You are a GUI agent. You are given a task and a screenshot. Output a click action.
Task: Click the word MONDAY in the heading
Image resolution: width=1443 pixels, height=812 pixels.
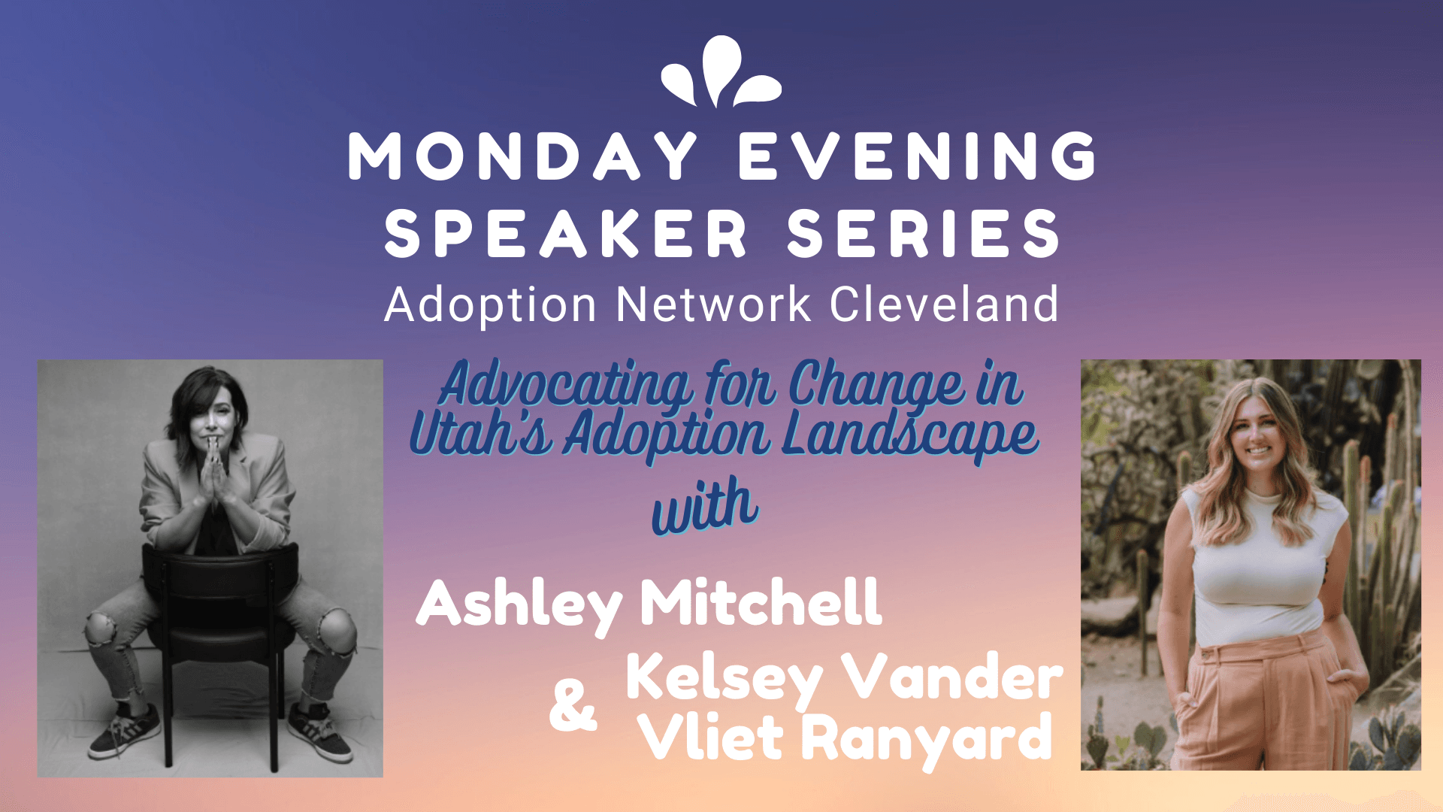coord(523,156)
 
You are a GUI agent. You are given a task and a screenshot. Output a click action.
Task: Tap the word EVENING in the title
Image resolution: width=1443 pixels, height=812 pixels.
coord(918,156)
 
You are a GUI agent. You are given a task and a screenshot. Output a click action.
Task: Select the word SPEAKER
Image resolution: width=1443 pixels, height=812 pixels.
coord(566,234)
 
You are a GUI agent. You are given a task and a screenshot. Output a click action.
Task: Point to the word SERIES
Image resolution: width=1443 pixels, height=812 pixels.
coord(924,234)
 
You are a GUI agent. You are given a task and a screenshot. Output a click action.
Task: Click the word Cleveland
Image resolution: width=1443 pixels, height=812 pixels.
coord(944,304)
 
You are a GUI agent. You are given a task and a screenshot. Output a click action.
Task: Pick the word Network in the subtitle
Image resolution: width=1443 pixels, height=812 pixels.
coord(713,304)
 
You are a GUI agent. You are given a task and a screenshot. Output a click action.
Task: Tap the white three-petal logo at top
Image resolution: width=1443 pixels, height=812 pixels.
coord(721,71)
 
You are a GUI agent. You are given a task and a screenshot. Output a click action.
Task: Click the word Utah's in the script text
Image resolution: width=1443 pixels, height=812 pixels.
coord(481,434)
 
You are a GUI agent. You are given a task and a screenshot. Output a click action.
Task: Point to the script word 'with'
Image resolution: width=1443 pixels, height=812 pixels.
coord(705,506)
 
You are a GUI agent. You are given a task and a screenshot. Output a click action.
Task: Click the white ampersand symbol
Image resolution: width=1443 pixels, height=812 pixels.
coord(573,705)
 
